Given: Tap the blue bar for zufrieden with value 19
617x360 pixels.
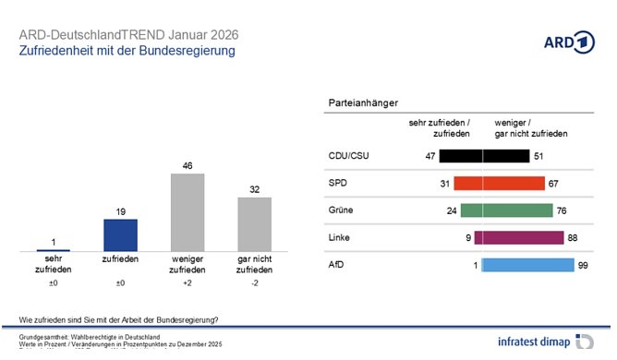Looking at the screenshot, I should [x=119, y=234].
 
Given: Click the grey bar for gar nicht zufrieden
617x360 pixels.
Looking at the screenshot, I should [x=255, y=224].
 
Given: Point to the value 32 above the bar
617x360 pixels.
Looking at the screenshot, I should [x=255, y=189].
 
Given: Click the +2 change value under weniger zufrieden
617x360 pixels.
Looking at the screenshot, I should [x=188, y=282].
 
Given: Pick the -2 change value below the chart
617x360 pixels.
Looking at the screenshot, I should [x=255, y=282].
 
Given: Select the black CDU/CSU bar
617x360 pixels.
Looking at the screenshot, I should [x=484, y=156].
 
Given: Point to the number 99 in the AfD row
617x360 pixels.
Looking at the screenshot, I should [x=583, y=265].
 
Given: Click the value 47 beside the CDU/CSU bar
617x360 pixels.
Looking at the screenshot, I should [x=429, y=156].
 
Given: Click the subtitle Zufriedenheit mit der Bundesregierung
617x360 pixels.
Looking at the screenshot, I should [x=127, y=51].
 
